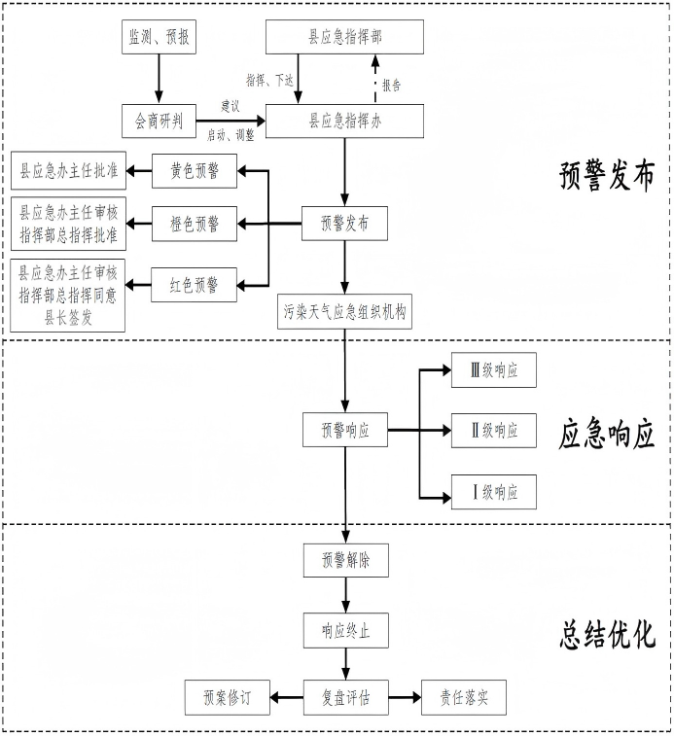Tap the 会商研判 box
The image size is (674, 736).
(160, 122)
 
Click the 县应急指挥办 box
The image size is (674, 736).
(344, 122)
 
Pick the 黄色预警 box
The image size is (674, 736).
(194, 172)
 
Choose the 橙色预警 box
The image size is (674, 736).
(194, 225)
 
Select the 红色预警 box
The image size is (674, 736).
(194, 285)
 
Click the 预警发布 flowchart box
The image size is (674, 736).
(344, 225)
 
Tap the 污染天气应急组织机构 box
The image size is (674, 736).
(344, 313)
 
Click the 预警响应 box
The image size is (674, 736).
(344, 429)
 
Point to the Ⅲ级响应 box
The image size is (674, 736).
(493, 370)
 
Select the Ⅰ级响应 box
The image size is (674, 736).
(493, 492)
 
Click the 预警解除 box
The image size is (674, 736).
(344, 562)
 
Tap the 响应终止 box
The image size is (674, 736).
(344, 631)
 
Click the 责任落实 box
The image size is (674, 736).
(463, 697)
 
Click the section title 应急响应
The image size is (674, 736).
(607, 432)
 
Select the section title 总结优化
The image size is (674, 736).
(607, 634)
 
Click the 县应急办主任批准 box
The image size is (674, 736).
(68, 172)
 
